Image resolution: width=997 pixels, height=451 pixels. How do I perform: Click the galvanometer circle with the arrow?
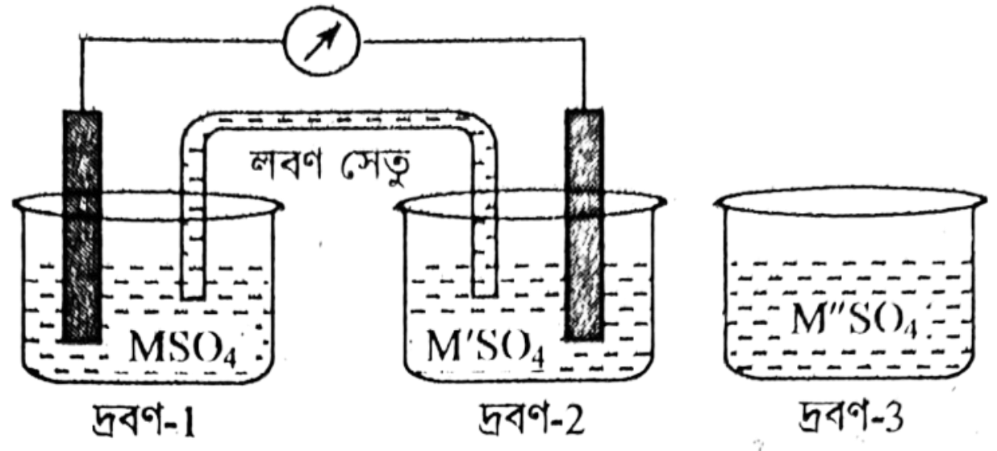(322, 41)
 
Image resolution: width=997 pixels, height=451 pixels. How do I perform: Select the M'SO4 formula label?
(486, 347)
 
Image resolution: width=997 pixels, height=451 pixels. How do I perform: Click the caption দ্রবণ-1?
(144, 419)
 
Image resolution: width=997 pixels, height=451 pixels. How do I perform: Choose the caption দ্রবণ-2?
(531, 418)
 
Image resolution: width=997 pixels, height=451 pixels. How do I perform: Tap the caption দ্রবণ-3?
(851, 417)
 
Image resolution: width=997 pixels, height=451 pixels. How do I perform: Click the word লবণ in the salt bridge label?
(285, 164)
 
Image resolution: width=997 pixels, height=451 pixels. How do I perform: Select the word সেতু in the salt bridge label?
(375, 166)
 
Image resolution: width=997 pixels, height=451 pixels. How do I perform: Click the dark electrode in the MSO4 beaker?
(82, 226)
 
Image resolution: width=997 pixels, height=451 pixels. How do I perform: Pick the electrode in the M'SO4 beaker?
(584, 224)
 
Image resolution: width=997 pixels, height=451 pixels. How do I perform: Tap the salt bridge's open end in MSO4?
(193, 298)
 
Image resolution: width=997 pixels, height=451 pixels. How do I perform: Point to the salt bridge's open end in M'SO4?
(485, 294)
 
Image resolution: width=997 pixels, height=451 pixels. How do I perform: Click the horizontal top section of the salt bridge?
(339, 120)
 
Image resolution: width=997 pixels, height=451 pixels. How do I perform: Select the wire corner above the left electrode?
(81, 36)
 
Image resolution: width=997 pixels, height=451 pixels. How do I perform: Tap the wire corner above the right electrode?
(584, 40)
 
